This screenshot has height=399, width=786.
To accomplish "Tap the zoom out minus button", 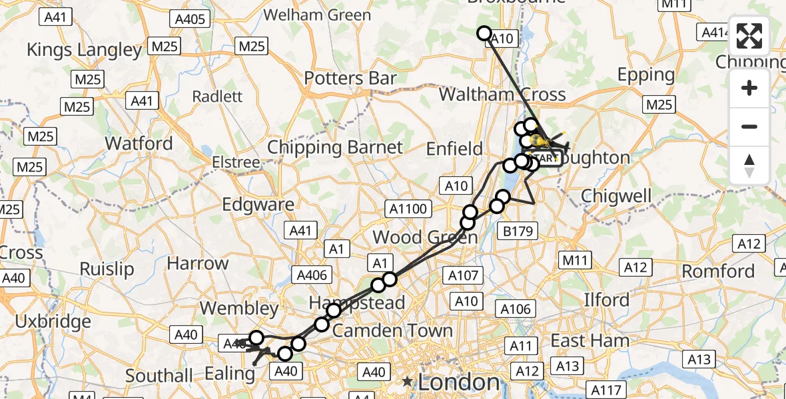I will (749, 126).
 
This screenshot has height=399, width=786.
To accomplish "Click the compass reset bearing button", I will (749, 166).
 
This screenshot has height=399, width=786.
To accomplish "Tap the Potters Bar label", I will (350, 78).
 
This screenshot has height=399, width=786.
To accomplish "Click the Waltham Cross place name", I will (502, 94).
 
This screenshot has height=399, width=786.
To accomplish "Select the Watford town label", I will (139, 143).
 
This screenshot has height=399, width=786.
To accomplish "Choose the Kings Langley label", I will (84, 49).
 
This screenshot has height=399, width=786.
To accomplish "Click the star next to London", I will (406, 382).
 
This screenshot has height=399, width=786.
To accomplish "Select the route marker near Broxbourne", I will (484, 33).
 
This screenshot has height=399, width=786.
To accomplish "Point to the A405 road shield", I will (189, 19).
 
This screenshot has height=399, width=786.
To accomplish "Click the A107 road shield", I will (462, 275).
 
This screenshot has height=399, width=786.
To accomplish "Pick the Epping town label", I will (646, 74).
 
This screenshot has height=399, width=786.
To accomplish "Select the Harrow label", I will (197, 263).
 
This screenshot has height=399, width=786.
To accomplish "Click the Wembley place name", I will (239, 309).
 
